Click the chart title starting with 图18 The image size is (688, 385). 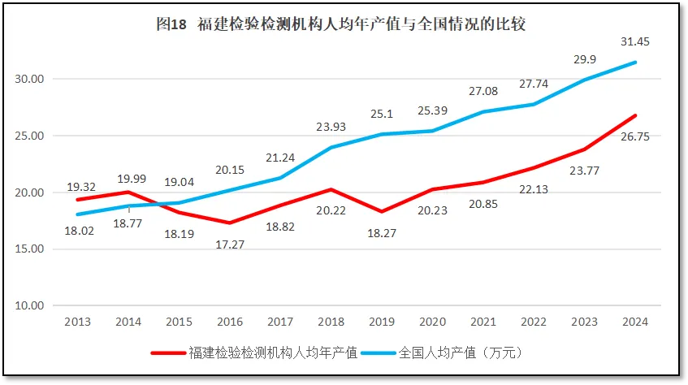(341, 24)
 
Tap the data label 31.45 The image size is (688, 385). (635, 41)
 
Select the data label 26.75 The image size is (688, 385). (635, 136)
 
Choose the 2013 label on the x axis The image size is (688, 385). (79, 322)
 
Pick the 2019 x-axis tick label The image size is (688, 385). (381, 322)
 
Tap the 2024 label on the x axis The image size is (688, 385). (634, 322)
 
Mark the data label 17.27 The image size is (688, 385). (231, 243)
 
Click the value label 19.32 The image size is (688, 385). (80, 186)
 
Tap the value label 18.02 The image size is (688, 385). (79, 231)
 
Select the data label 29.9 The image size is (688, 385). (585, 60)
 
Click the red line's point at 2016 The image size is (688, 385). (230, 223)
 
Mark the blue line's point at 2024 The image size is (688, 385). (635, 63)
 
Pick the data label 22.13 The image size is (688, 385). (534, 189)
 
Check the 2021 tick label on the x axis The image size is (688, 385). (482, 322)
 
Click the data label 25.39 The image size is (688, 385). (432, 110)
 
